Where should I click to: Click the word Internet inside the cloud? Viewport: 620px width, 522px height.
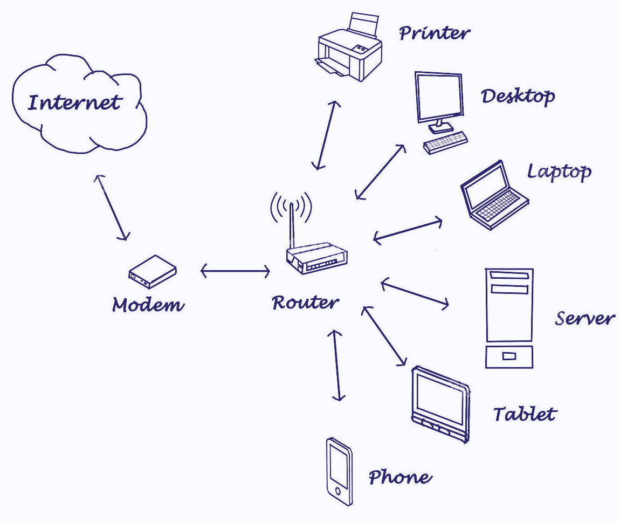pyautogui.click(x=74, y=102)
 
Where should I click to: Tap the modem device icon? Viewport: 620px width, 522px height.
pyautogui.click(x=153, y=271)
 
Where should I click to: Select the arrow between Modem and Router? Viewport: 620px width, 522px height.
pyautogui.click(x=235, y=271)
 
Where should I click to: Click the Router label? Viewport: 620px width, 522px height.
pyautogui.click(x=306, y=303)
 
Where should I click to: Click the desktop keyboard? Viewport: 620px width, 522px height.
pyautogui.click(x=445, y=142)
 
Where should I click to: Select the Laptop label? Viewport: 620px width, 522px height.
pyautogui.click(x=559, y=172)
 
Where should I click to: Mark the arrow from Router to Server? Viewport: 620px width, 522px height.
pyautogui.click(x=415, y=294)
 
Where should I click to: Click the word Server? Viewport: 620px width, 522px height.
pyautogui.click(x=584, y=318)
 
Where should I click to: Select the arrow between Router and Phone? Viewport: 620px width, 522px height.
pyautogui.click(x=337, y=365)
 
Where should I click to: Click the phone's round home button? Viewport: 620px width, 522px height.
pyautogui.click(x=338, y=491)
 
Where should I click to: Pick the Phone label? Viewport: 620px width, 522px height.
pyautogui.click(x=400, y=477)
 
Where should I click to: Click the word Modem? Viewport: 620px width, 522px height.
pyautogui.click(x=148, y=305)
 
